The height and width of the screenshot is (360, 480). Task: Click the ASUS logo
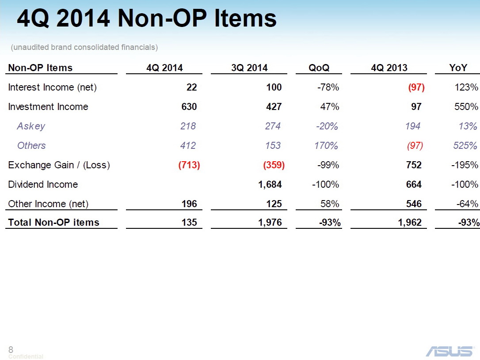coord(449,351)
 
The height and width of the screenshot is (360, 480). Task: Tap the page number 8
coord(11,349)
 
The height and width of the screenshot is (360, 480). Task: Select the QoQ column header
coord(319,68)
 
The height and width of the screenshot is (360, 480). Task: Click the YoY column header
coord(458,68)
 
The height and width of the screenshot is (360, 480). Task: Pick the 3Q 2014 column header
coord(249,68)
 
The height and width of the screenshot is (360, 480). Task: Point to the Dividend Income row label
coord(43,184)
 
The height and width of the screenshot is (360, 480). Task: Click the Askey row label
coord(31,126)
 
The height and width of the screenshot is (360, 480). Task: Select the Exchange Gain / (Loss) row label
coord(59,165)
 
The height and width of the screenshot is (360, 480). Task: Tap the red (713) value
coord(189,165)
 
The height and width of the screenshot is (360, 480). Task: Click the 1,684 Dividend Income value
coord(270,184)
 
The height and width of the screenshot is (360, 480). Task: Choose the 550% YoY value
coord(467,106)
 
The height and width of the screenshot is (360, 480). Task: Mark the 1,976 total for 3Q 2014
coord(270,222)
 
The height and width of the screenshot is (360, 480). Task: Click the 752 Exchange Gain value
coord(414,165)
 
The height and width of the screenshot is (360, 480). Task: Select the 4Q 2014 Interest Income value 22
coord(191,87)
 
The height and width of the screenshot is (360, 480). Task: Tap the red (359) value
coord(274,165)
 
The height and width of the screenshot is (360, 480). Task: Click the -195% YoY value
coord(465,165)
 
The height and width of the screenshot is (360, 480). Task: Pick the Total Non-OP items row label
coord(53,222)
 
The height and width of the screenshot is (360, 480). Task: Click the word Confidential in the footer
coord(26,356)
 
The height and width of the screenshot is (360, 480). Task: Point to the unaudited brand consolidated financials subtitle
coord(84,47)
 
